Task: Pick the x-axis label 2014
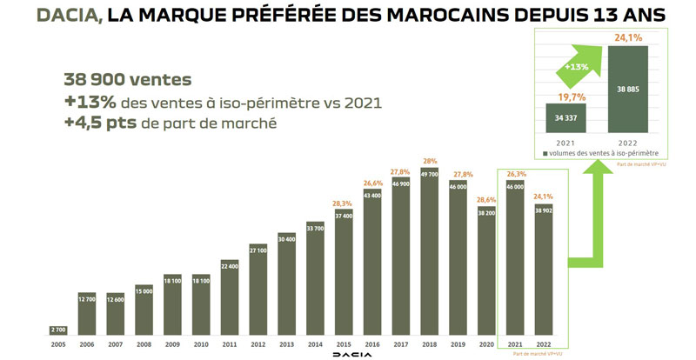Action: point(316,344)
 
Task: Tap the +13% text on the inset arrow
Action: point(579,67)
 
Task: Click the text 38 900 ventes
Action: point(127,79)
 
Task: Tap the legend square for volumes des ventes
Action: point(545,154)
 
